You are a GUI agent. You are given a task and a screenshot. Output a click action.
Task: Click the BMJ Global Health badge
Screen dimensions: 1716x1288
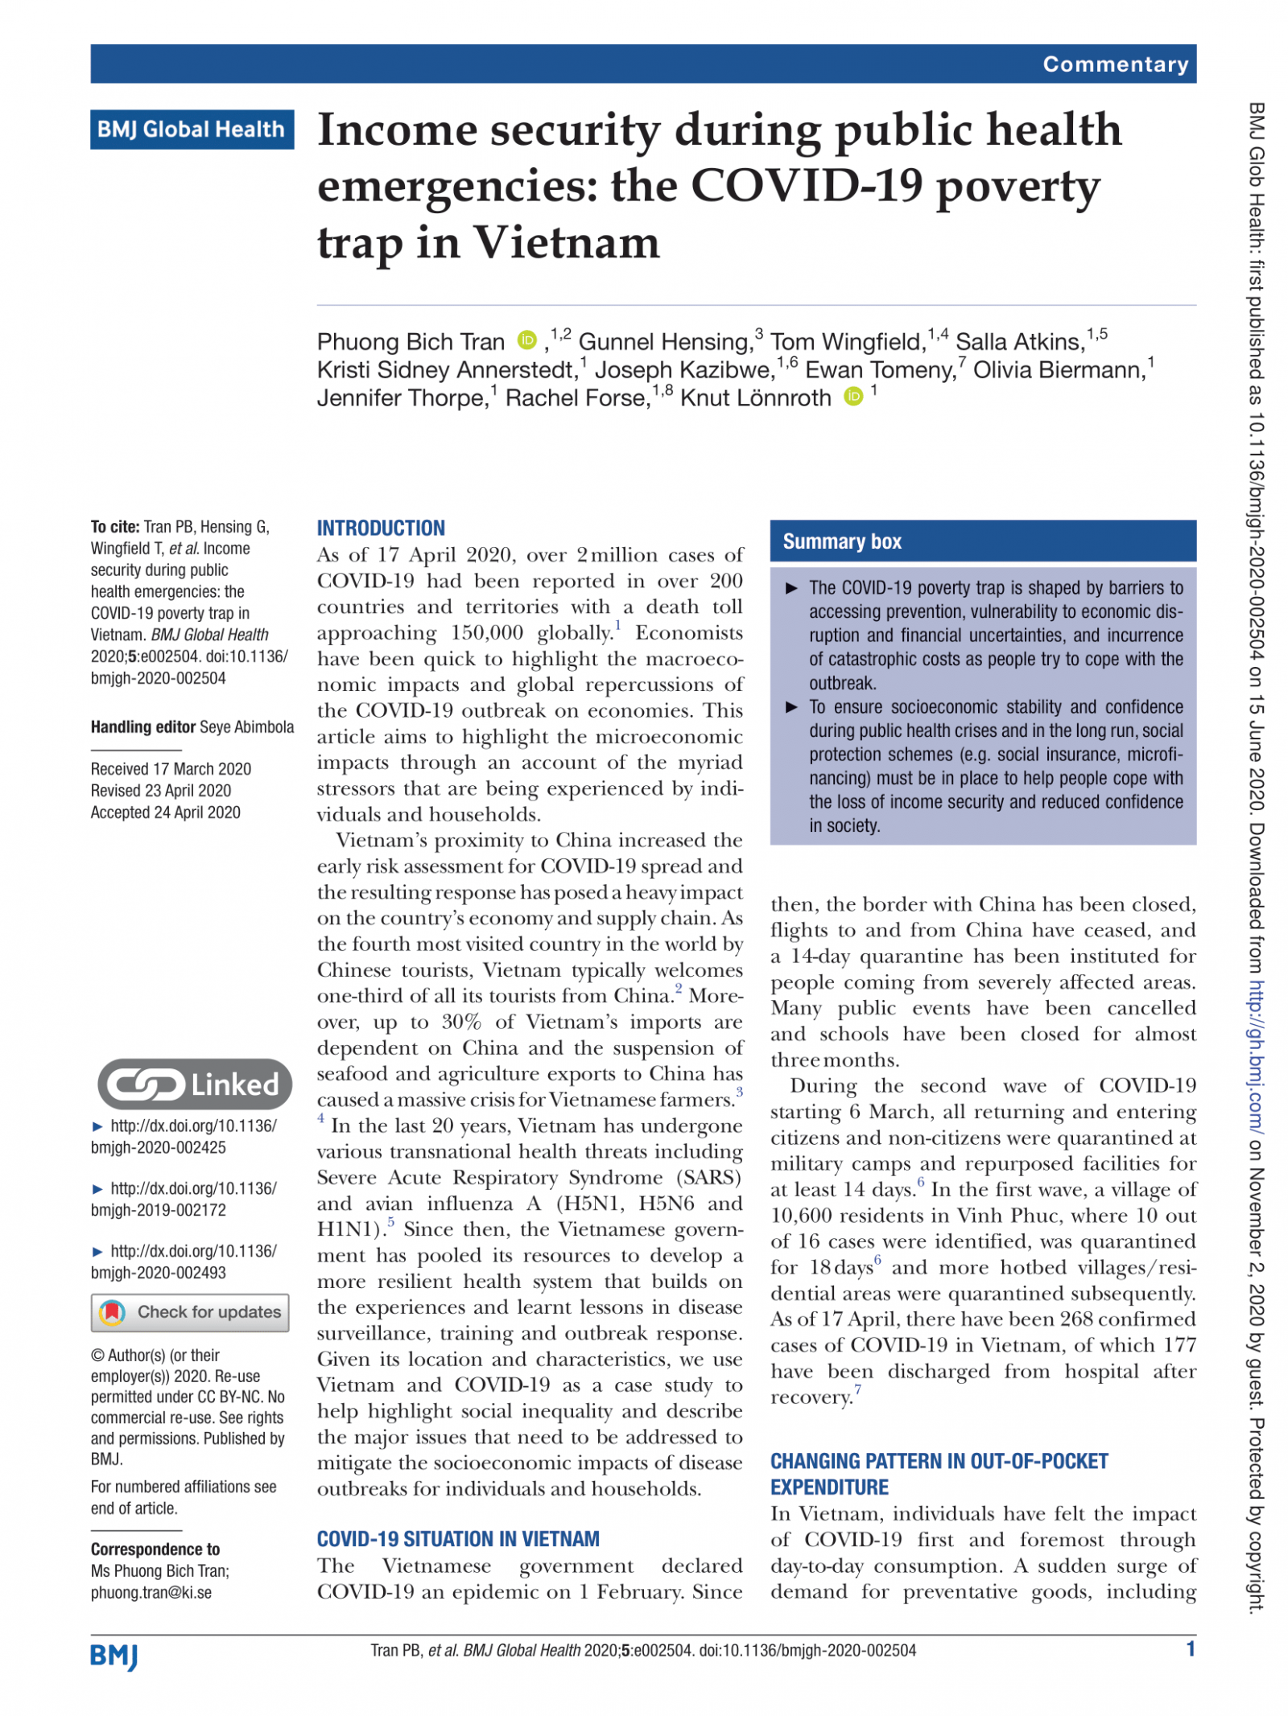(x=191, y=129)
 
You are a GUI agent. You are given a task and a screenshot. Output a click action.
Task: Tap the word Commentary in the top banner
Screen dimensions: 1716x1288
(x=1114, y=64)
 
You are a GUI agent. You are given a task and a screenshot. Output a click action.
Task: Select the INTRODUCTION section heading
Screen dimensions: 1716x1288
(x=380, y=528)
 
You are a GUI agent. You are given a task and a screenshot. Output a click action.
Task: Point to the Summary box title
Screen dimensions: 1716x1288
(x=841, y=541)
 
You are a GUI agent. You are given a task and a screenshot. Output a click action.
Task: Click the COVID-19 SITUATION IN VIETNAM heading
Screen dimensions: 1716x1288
(x=457, y=1539)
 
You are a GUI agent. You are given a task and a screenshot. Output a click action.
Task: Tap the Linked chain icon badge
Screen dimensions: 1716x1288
(x=194, y=1084)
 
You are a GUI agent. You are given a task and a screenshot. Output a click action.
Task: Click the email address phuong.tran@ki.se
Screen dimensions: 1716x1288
(x=151, y=1593)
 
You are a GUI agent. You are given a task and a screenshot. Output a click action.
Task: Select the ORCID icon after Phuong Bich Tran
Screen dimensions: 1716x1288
(x=526, y=340)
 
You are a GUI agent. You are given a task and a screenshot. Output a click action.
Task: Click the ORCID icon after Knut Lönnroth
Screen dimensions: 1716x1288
(x=852, y=397)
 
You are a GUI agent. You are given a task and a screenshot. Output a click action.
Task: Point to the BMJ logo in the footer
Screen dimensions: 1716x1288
(x=114, y=1656)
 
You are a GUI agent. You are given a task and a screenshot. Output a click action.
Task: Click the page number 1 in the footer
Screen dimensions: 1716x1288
(x=1190, y=1649)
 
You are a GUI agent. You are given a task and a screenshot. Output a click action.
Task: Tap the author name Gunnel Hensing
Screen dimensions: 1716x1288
(x=664, y=342)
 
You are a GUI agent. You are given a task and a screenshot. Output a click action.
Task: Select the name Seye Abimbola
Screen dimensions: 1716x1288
(x=246, y=727)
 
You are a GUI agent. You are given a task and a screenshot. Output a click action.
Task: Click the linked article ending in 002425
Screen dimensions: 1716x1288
(x=184, y=1136)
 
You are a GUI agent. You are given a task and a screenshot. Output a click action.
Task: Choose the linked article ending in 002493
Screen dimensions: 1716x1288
(x=184, y=1261)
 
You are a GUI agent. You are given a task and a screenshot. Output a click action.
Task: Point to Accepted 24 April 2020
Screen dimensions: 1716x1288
(x=165, y=813)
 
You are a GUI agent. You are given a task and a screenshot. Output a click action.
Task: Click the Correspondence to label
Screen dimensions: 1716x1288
(x=155, y=1549)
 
